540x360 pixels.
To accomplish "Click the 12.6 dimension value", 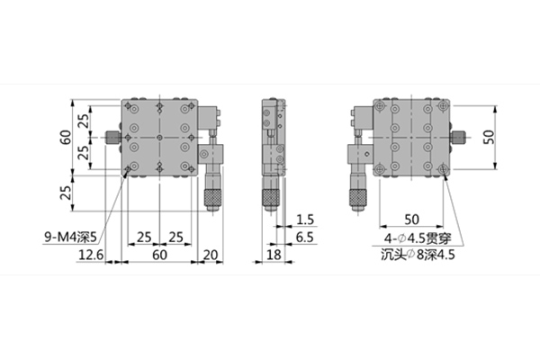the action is click(91, 255).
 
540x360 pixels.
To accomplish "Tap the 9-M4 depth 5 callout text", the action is click(70, 237).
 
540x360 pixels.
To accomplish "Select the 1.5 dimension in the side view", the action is click(305, 220).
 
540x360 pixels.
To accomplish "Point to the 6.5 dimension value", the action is click(305, 238).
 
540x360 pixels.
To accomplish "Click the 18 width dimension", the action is click(274, 255).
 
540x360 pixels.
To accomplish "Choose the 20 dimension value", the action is click(211, 255).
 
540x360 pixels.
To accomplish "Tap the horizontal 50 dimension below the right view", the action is click(411, 220).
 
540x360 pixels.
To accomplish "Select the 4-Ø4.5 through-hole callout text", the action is click(418, 238).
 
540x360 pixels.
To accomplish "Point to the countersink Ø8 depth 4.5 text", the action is click(418, 255).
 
